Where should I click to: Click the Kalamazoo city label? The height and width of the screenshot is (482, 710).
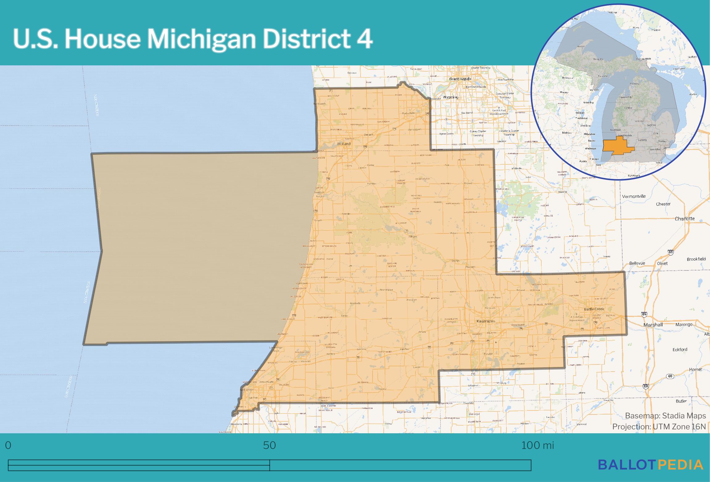point(485,321)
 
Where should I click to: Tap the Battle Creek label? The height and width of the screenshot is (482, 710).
point(594,309)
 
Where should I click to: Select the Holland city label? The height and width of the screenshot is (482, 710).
point(344,144)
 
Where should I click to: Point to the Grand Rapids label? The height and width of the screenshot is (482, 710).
point(460,79)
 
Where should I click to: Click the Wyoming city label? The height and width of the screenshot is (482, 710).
point(450,97)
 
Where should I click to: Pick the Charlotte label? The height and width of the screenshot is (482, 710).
point(685,219)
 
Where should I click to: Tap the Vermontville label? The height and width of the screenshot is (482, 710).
point(634,196)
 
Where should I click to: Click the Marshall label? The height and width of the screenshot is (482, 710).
point(653,325)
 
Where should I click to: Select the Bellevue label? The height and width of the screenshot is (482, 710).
point(637,263)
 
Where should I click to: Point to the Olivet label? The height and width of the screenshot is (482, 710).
point(662,263)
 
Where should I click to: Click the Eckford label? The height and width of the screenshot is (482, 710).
point(680,349)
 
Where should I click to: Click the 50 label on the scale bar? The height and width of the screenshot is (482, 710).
point(269,445)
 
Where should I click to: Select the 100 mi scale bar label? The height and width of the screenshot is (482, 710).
point(538,445)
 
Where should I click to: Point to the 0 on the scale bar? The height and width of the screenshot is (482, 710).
point(8,445)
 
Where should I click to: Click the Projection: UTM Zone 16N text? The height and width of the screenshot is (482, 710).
point(659,426)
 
